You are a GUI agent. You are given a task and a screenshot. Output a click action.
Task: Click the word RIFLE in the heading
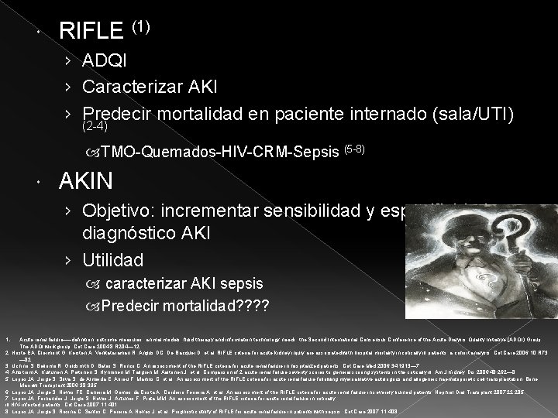91,33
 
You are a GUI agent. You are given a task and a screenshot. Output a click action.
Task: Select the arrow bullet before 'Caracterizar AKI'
70,85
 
